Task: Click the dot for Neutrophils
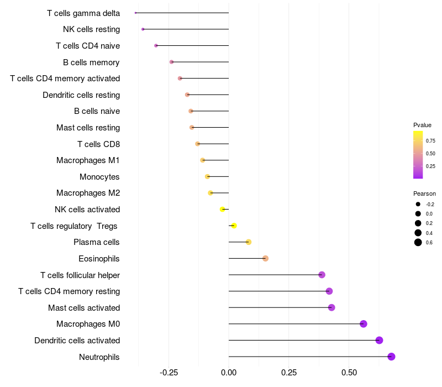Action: coord(391,357)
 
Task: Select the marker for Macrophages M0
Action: coord(364,324)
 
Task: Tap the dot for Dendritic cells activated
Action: coord(379,340)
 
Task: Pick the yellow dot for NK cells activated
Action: coord(222,209)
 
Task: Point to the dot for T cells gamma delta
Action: coord(136,13)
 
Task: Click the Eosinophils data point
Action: coord(265,258)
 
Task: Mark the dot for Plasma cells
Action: coord(249,242)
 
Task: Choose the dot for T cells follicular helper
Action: coord(322,275)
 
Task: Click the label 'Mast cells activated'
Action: coord(84,307)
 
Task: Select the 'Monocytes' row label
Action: coord(99,177)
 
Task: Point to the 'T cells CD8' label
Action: coord(98,144)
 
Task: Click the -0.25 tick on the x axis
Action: coord(169,373)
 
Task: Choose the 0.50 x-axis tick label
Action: coord(349,373)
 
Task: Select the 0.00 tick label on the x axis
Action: coord(229,373)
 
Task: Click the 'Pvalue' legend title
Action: coord(422,125)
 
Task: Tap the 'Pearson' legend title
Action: coord(424,193)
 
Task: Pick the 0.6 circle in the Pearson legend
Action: coord(418,242)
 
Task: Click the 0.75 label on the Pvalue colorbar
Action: coord(430,140)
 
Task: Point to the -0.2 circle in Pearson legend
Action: coord(418,204)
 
